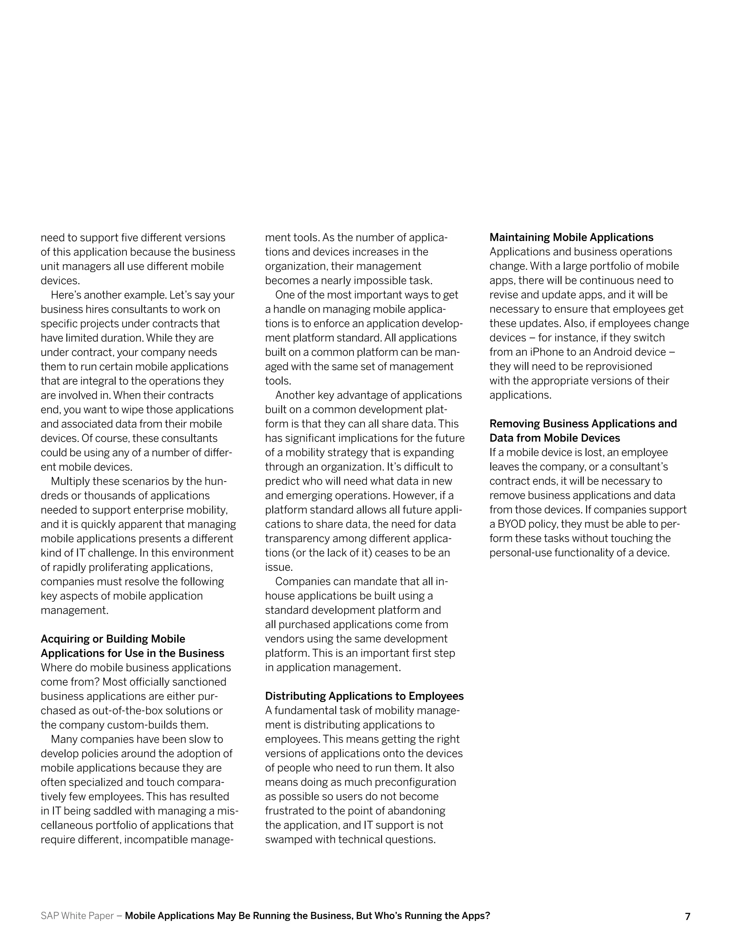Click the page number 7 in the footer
click(687, 916)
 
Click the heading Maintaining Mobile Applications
click(571, 237)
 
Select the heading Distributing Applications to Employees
click(364, 696)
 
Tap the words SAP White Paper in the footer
click(77, 916)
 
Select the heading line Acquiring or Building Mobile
click(112, 639)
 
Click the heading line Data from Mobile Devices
click(555, 438)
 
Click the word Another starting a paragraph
click(295, 395)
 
